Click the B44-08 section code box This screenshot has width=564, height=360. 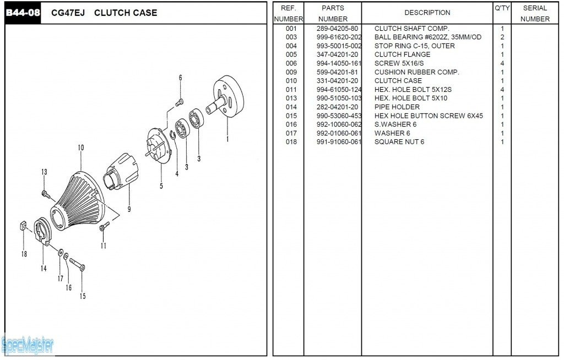(x=23, y=13)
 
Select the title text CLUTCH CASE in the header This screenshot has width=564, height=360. (x=126, y=13)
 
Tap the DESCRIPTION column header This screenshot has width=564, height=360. (x=427, y=13)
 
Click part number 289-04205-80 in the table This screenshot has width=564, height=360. (x=337, y=29)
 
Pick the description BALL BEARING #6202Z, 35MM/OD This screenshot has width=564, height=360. (x=428, y=37)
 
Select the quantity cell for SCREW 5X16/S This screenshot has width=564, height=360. (x=502, y=63)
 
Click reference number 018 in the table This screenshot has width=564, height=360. (x=291, y=142)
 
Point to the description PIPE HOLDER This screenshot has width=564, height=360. (x=397, y=107)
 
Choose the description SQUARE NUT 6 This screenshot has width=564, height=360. (x=399, y=142)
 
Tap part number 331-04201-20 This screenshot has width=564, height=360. (x=337, y=81)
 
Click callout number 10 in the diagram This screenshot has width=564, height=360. (x=81, y=148)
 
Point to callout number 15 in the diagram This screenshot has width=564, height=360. (x=83, y=296)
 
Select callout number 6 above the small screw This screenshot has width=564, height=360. (x=180, y=78)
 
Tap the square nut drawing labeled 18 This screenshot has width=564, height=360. (x=23, y=226)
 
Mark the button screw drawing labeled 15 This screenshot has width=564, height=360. (x=77, y=265)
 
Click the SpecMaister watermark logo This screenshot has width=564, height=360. (x=28, y=346)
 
